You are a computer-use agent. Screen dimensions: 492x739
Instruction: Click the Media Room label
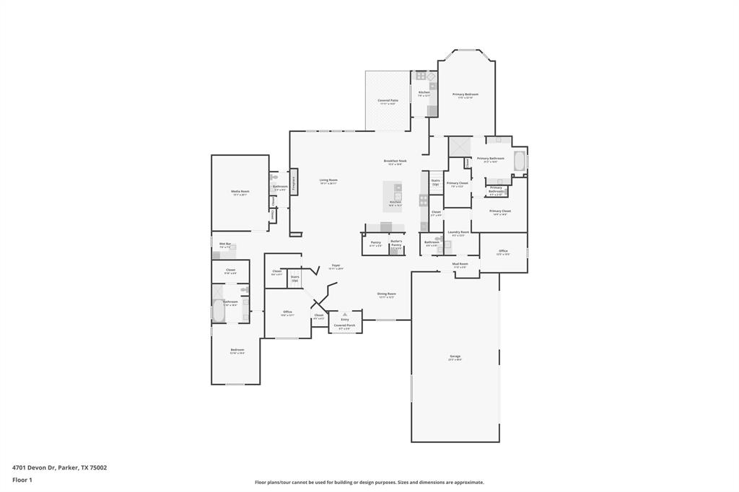coord(240,192)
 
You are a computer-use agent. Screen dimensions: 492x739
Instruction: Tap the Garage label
coord(455,356)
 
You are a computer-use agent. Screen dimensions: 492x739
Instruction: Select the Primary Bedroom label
coord(465,95)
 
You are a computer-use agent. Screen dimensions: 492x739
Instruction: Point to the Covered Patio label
coord(388,101)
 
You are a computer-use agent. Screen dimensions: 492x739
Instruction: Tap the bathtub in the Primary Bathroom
coord(520,161)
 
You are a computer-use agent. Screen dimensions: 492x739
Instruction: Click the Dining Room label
coord(386,294)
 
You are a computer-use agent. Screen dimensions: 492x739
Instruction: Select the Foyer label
coord(336,265)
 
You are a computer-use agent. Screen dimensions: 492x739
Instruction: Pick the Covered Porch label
coord(345,325)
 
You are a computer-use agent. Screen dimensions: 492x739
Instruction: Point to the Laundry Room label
coord(458,232)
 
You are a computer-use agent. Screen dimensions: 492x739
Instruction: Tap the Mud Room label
coord(460,264)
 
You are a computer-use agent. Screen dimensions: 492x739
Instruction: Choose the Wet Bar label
coord(225,244)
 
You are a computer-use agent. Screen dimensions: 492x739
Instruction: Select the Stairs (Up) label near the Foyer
coord(294,277)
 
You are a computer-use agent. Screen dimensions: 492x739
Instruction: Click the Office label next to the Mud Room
coord(503,252)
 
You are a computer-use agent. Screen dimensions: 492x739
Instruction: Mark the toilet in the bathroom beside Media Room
coord(274,177)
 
